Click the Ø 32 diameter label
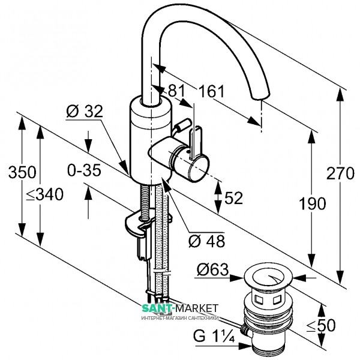(x=85, y=111)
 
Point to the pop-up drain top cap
(x=269, y=278)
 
